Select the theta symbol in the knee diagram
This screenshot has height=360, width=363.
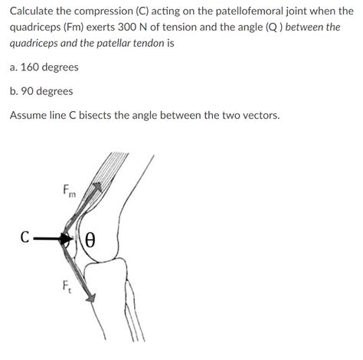click(89, 239)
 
